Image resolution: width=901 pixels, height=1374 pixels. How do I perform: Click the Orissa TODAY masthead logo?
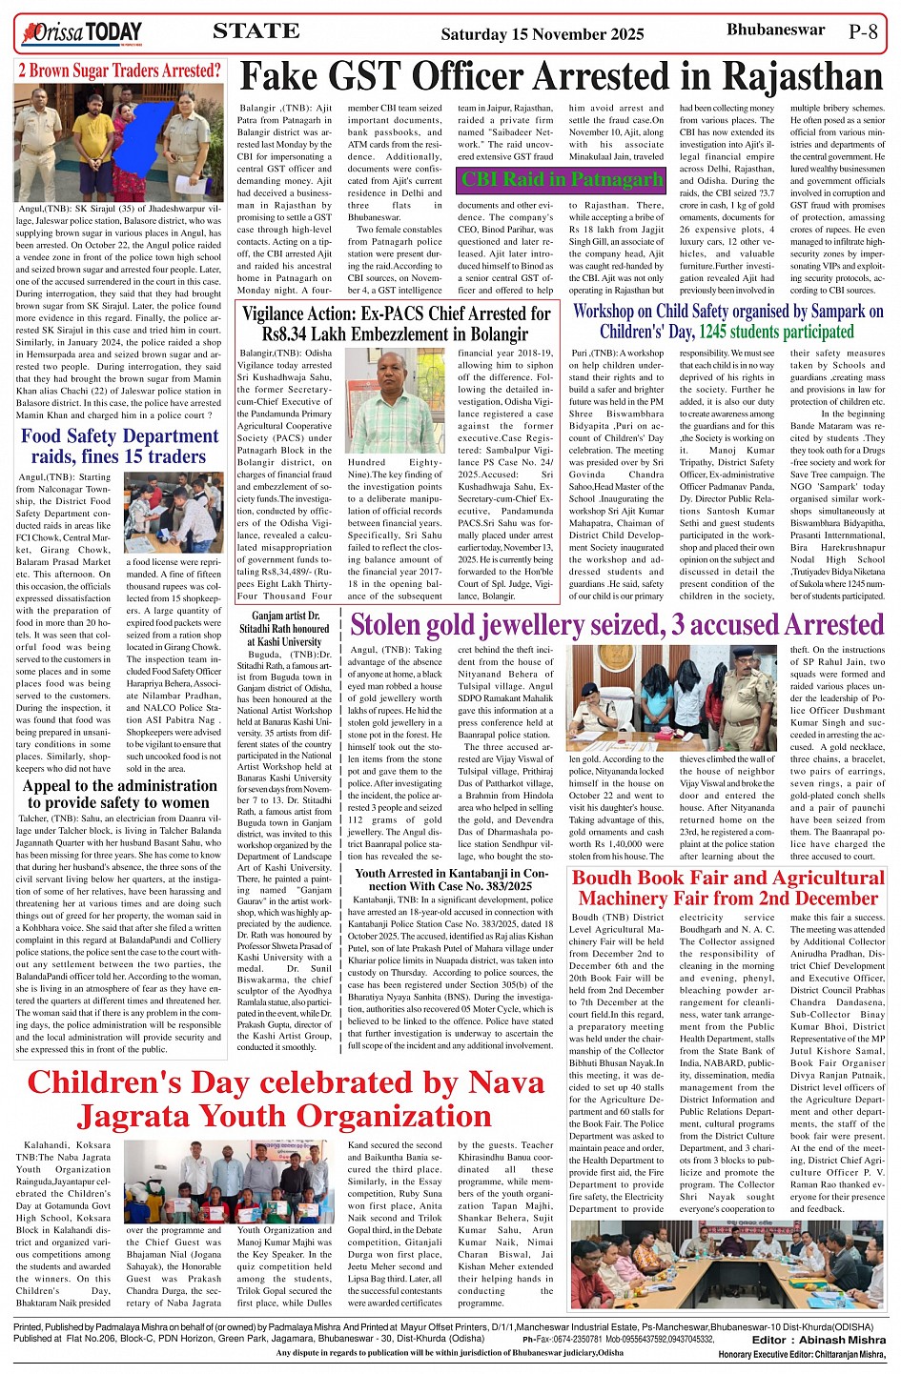(82, 34)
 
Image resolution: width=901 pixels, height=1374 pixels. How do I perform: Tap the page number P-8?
(863, 32)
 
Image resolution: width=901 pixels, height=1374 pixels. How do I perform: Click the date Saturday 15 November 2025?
(543, 34)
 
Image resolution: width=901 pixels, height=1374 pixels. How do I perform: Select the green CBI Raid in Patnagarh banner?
(562, 179)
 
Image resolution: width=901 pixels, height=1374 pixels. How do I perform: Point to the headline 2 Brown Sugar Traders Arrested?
(119, 71)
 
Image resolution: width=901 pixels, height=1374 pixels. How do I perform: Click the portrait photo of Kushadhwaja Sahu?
(395, 400)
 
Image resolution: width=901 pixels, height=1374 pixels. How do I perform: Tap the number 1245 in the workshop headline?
(719, 332)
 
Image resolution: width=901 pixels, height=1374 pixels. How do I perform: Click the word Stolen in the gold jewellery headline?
(401, 626)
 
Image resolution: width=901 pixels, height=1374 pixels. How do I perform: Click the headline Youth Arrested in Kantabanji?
(451, 879)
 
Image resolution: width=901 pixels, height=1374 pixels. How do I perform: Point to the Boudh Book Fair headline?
(728, 888)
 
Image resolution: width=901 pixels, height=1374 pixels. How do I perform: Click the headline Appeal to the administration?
(119, 794)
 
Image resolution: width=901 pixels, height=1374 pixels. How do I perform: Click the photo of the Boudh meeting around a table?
(727, 1263)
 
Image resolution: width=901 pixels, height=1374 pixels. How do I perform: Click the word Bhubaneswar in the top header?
(775, 30)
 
